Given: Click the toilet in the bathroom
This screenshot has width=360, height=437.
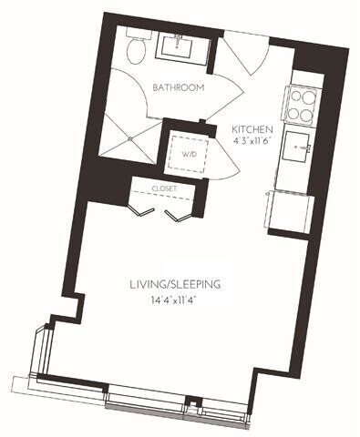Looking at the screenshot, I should pos(134,49).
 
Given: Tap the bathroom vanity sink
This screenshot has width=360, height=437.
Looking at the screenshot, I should pos(177,45).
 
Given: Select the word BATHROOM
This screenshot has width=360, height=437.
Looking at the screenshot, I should pos(178,88).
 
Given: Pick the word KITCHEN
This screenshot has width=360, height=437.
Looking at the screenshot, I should pos(250,128).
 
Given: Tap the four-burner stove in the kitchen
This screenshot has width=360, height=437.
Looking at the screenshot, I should pos(302,105).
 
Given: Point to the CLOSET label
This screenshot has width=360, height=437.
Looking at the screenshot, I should pos(165,188).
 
